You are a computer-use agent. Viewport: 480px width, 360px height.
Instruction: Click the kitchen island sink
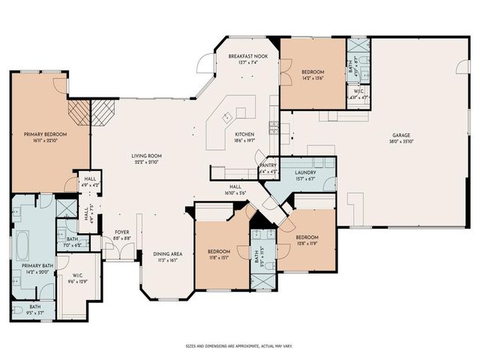point(226,118)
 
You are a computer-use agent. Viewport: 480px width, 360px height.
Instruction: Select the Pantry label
point(268,166)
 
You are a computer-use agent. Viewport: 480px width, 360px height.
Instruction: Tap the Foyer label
point(121,232)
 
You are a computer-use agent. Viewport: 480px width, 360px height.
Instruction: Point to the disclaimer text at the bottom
point(239,346)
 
